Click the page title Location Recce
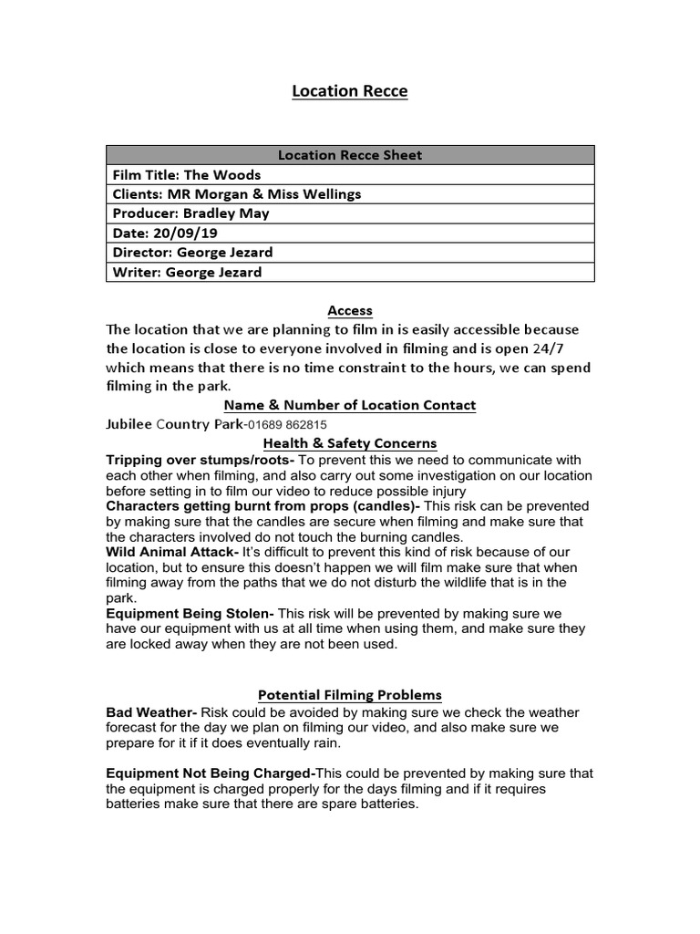click(350, 91)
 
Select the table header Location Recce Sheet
click(350, 155)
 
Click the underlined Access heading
click(350, 311)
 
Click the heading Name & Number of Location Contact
click(350, 405)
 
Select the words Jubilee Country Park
click(174, 424)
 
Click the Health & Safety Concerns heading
click(350, 443)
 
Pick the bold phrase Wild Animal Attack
click(171, 553)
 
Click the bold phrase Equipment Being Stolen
click(189, 614)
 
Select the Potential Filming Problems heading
click(350, 695)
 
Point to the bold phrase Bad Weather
click(150, 712)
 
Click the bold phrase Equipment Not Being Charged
click(210, 773)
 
